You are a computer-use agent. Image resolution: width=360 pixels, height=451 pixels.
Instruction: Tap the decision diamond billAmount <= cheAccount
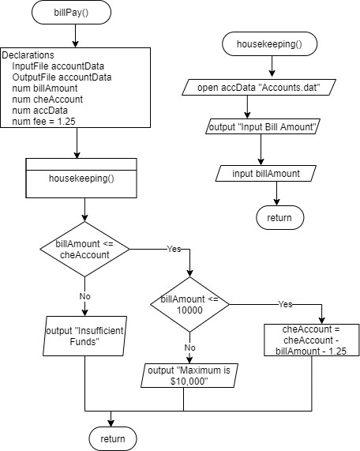click(84, 250)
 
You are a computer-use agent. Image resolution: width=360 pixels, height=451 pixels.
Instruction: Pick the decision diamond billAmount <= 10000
click(189, 305)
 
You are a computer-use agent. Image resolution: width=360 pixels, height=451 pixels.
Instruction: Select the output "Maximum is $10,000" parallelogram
click(183, 375)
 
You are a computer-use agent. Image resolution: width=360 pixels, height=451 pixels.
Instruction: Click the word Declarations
click(28, 56)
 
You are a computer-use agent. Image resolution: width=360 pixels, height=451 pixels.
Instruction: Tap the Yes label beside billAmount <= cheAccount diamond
click(173, 249)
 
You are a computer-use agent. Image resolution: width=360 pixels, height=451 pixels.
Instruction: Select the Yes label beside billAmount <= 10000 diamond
click(286, 303)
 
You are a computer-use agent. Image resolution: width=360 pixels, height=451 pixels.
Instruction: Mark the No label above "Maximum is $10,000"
click(189, 347)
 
